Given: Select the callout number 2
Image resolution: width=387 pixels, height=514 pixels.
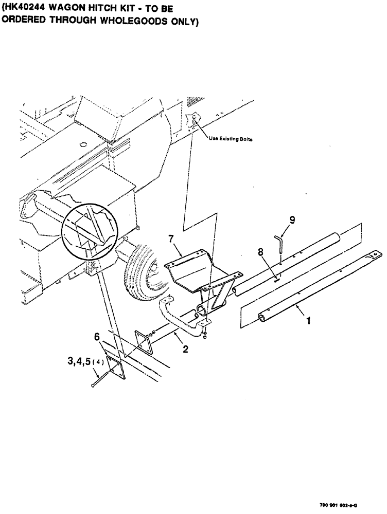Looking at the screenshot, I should point(185,350).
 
